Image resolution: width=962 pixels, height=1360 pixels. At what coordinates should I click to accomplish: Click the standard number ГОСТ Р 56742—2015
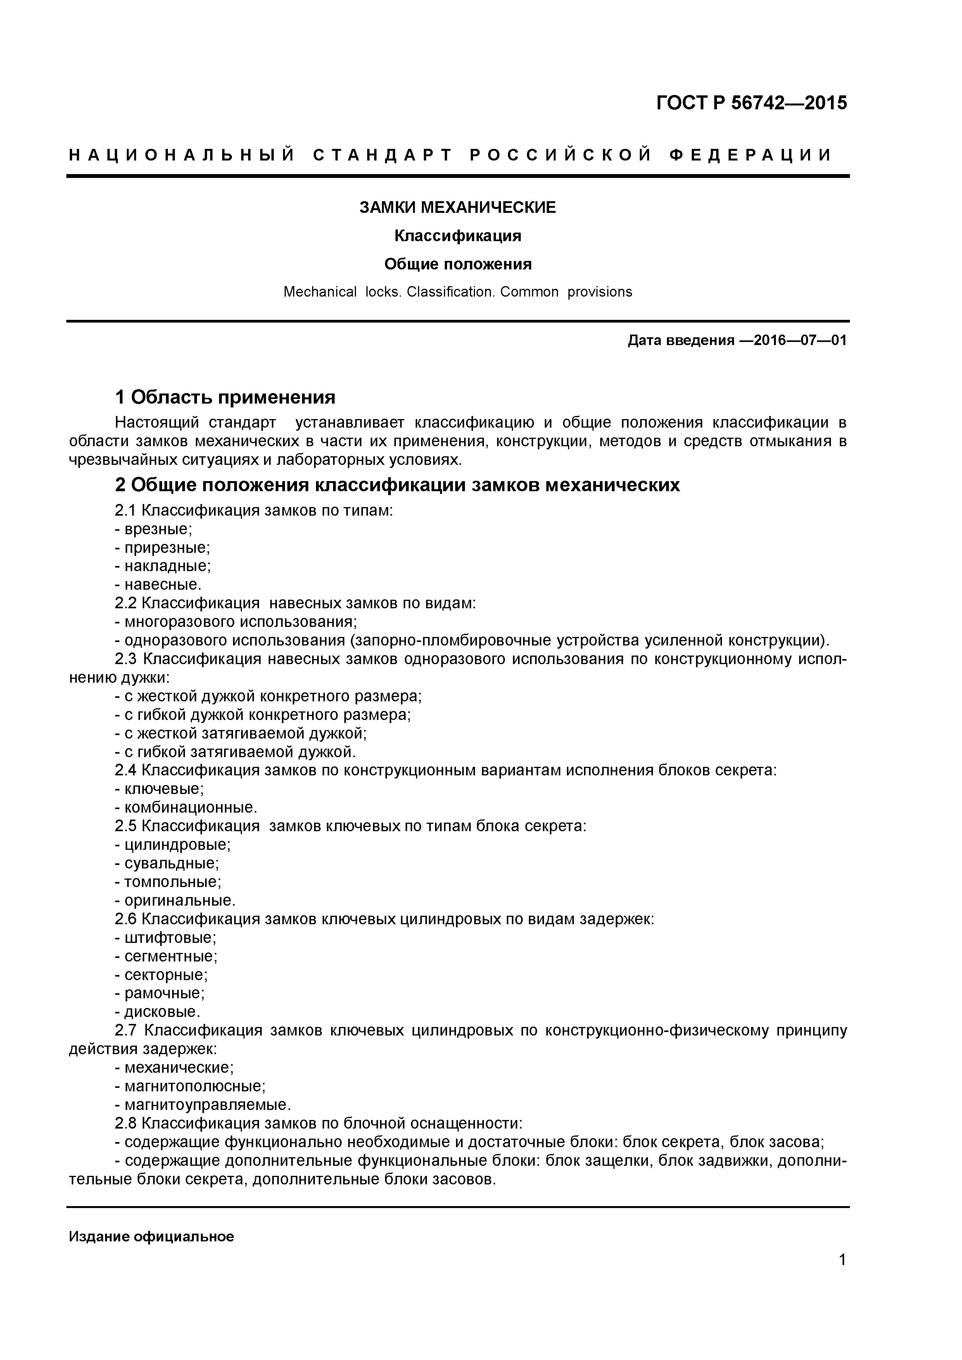point(751,103)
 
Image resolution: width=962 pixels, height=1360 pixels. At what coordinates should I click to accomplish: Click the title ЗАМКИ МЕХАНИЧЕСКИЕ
point(457,207)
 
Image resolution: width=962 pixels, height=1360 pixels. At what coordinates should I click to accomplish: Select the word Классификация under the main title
point(457,236)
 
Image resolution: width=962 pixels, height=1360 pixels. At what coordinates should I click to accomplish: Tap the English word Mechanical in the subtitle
point(320,292)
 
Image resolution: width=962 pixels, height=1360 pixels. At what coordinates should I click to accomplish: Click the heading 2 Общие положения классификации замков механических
point(397,485)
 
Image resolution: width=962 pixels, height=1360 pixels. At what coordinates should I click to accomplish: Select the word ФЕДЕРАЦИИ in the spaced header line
point(751,155)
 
